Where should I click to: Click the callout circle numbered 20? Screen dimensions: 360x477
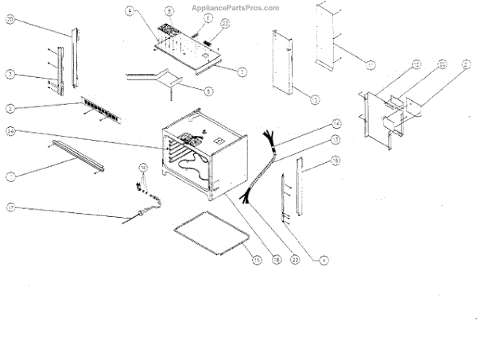[x=10, y=21]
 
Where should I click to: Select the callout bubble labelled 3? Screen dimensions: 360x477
[x=10, y=74]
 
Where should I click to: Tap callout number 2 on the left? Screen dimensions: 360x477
[x=10, y=106]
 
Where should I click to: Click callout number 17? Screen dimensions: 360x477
[x=10, y=209]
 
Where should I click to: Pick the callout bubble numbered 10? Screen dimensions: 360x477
[x=143, y=168]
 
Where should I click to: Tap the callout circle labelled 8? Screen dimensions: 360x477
[x=169, y=11]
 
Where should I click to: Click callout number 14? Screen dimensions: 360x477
[x=336, y=125]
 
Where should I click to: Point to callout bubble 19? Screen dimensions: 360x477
[x=336, y=161]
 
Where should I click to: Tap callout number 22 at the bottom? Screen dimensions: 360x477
[x=295, y=259]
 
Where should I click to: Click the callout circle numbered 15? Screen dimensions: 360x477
[x=256, y=259]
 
